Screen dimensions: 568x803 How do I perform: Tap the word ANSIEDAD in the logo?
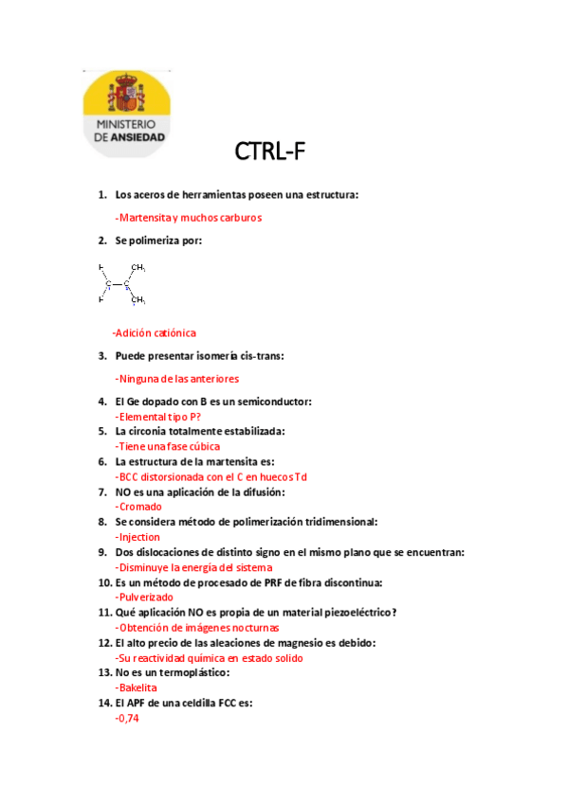tap(138, 136)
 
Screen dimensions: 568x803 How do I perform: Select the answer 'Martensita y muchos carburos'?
tap(188, 217)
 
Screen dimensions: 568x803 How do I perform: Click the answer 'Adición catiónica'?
tap(154, 333)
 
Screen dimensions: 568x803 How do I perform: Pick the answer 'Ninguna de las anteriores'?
tap(176, 379)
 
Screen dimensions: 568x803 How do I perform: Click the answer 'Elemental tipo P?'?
tap(158, 416)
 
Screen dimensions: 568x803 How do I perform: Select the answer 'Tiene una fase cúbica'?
tap(168, 446)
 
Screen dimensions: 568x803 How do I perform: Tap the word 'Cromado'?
tap(138, 507)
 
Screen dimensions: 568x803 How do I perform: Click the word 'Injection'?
tap(137, 537)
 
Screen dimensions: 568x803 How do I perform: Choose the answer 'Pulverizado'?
tap(144, 598)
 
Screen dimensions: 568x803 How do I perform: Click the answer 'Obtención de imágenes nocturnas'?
tap(198, 627)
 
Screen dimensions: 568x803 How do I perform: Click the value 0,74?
tap(127, 719)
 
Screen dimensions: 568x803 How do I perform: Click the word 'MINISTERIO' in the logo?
tap(126, 124)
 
